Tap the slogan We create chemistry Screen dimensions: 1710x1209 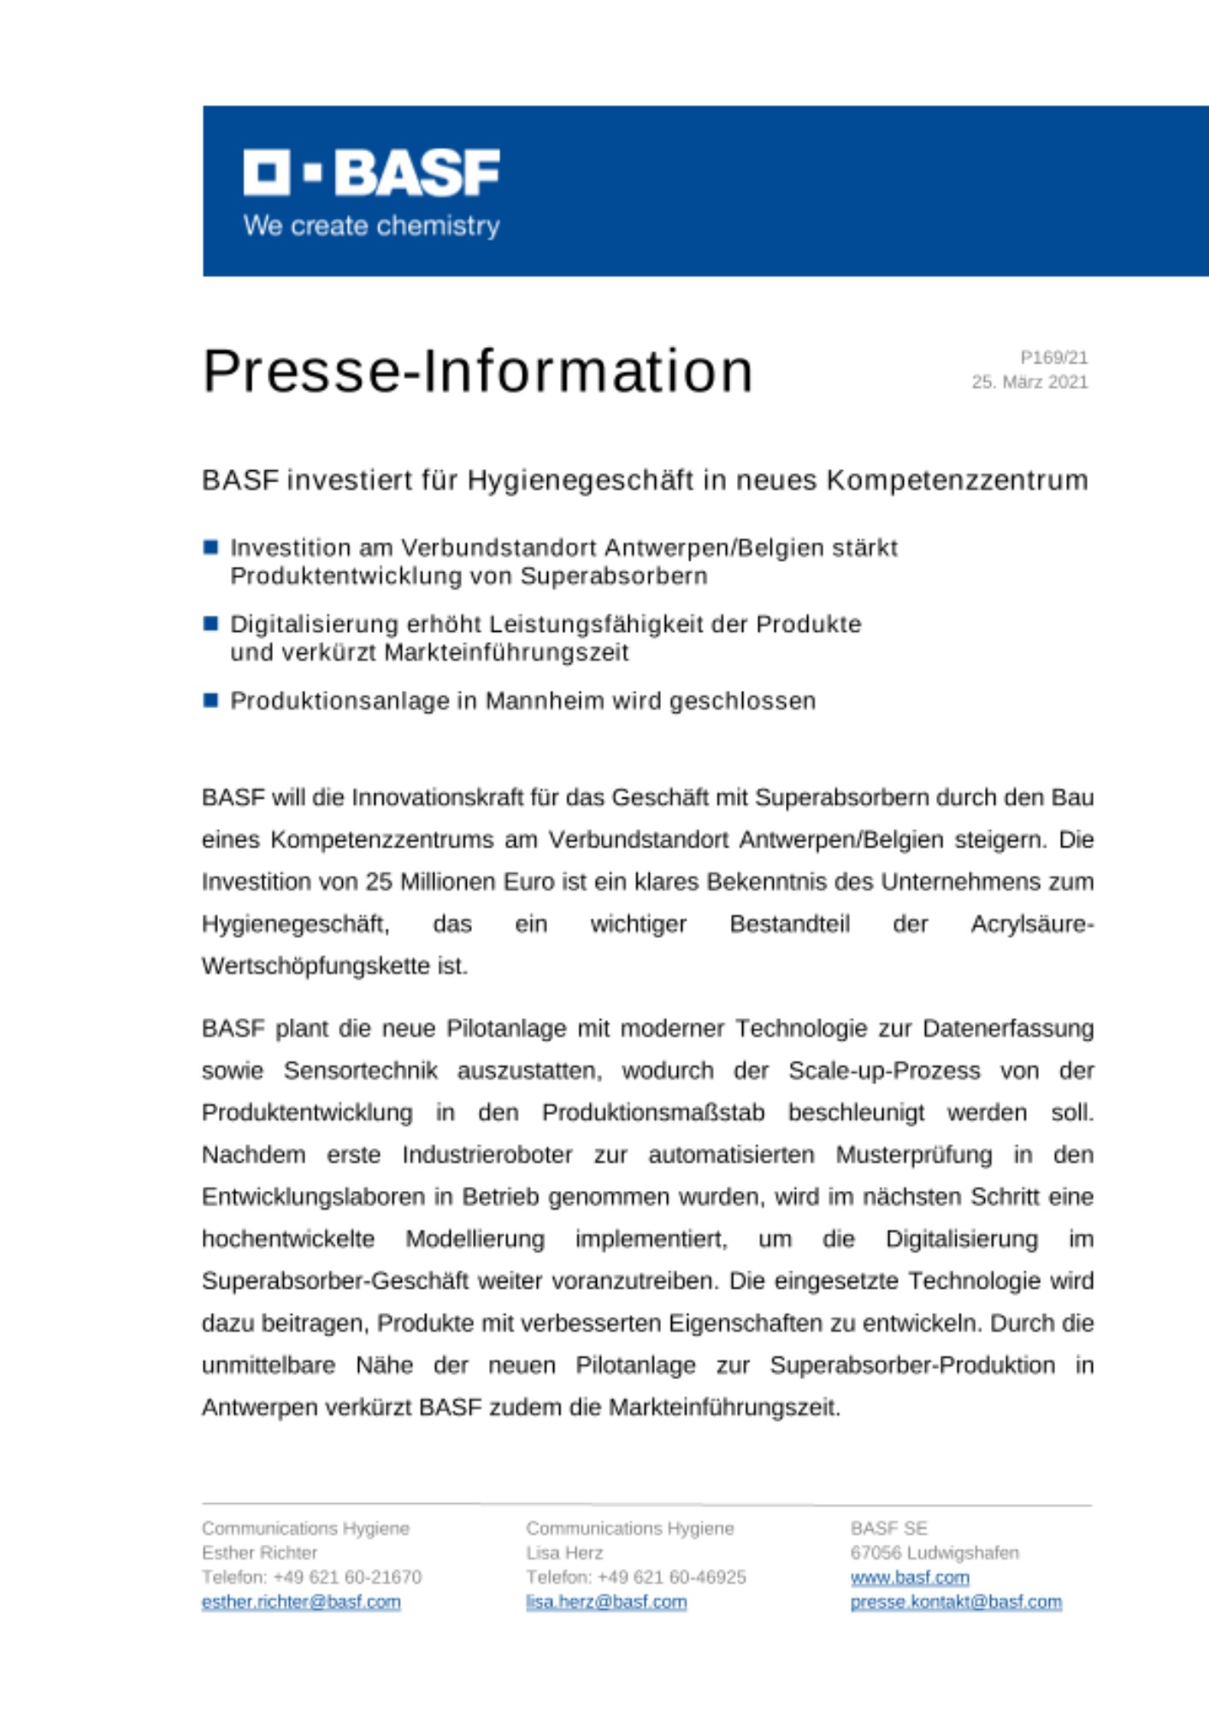pyautogui.click(x=371, y=226)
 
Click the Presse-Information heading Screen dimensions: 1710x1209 pyautogui.click(x=477, y=371)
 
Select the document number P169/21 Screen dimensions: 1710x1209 pyautogui.click(x=1053, y=357)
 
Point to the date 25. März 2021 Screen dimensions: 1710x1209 pyautogui.click(x=1029, y=382)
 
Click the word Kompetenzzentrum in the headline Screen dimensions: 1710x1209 pyautogui.click(x=957, y=481)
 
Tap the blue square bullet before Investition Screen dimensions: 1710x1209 pyautogui.click(x=211, y=547)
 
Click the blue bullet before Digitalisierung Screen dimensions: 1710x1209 pyautogui.click(x=211, y=623)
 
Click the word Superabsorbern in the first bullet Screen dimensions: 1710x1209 pyautogui.click(x=613, y=576)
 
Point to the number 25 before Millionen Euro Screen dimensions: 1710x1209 pyautogui.click(x=379, y=882)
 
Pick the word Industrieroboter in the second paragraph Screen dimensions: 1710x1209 pyautogui.click(x=487, y=1155)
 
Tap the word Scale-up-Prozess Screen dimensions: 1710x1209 pyautogui.click(x=884, y=1070)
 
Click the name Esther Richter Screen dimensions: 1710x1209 pyautogui.click(x=259, y=1553)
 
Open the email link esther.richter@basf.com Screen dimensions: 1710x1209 pyautogui.click(x=301, y=1601)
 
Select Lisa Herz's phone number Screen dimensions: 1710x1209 pyautogui.click(x=671, y=1577)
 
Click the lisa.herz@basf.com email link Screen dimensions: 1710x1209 pyautogui.click(x=606, y=1601)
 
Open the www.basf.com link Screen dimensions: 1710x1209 pyautogui.click(x=910, y=1577)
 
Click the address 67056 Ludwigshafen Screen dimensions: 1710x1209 pyautogui.click(x=935, y=1553)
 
